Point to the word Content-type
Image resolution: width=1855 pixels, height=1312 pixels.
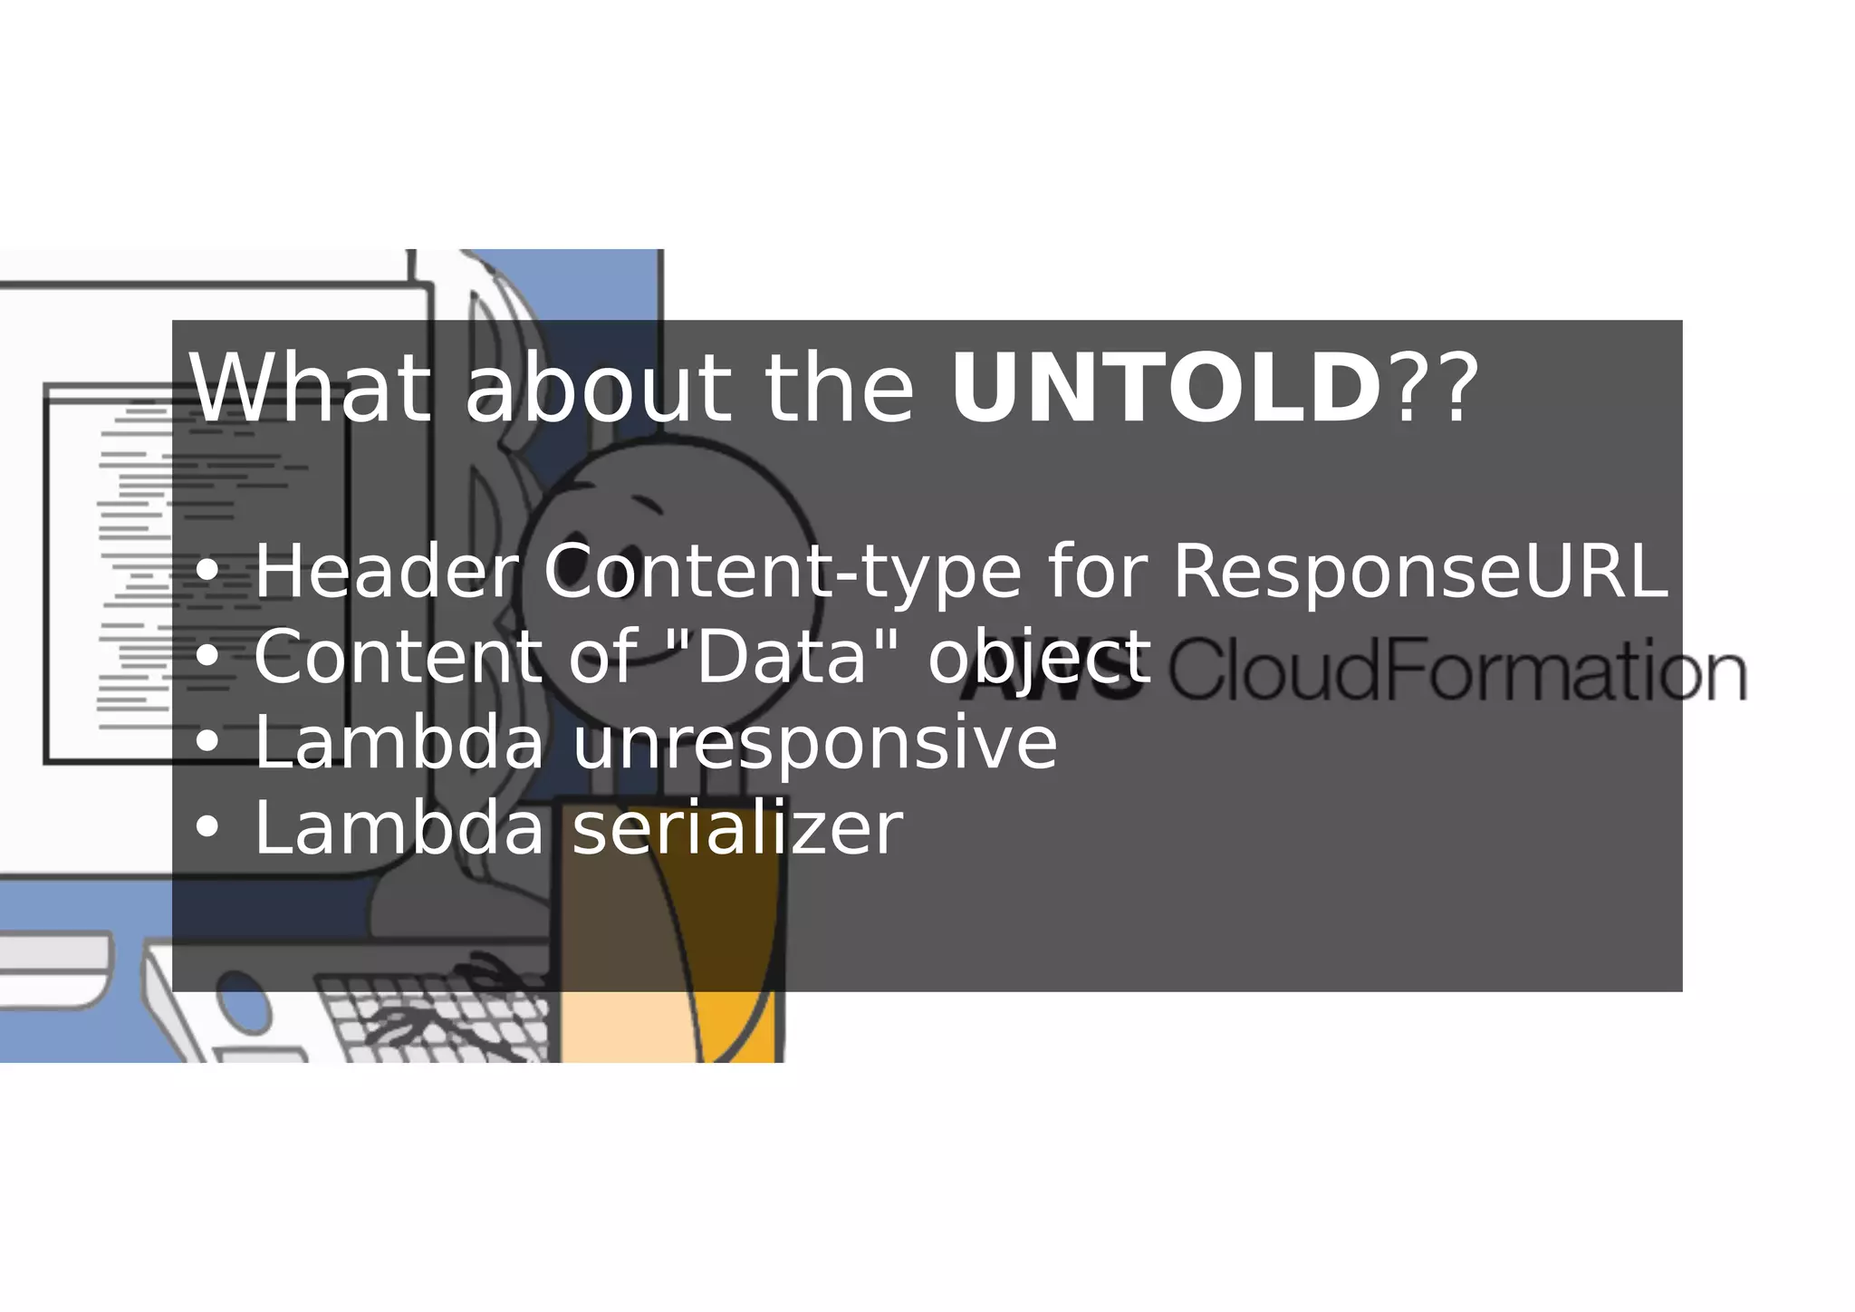782,573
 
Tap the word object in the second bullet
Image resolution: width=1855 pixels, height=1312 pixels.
1039,657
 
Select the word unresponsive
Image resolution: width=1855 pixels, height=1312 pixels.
814,743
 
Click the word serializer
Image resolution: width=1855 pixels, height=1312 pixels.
737,827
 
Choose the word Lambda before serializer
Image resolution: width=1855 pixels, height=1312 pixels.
399,827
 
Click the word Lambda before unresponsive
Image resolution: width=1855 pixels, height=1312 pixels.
399,742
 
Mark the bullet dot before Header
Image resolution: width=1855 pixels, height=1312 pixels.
207,573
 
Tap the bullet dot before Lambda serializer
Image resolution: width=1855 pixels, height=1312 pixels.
207,828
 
